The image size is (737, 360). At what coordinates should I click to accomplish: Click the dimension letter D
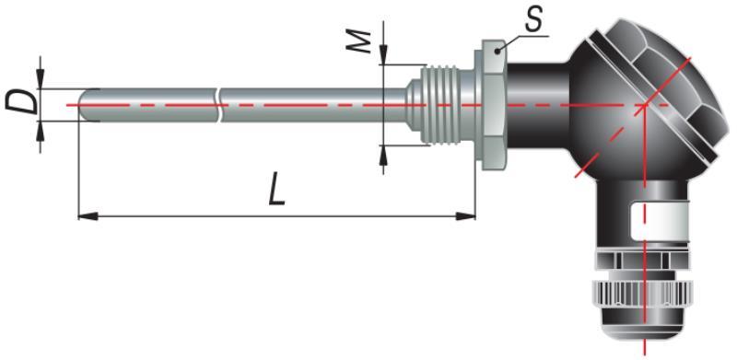click(x=22, y=103)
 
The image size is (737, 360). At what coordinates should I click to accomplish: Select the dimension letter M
click(x=360, y=42)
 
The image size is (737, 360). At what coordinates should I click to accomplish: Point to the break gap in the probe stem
click(x=219, y=105)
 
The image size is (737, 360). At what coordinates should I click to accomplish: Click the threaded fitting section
click(x=439, y=103)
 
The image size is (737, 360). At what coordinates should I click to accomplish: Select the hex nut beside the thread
click(x=492, y=105)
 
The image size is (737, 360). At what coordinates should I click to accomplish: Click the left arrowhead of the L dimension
click(x=88, y=216)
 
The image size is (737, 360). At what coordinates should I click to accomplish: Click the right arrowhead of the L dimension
click(x=465, y=216)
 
